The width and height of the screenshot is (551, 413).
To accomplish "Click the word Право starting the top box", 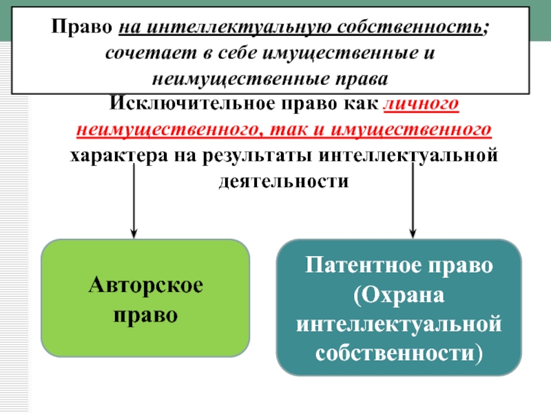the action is pyautogui.click(x=81, y=27).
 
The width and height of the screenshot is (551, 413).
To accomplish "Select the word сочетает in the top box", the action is pyautogui.click(x=151, y=54).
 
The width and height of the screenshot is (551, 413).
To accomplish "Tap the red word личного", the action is pyautogui.click(x=421, y=105).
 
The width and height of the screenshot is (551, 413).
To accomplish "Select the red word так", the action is pyautogui.click(x=288, y=130).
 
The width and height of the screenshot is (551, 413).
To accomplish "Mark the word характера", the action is pyautogui.click(x=118, y=156).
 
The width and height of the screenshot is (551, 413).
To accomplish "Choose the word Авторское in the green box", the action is pyautogui.click(x=145, y=284).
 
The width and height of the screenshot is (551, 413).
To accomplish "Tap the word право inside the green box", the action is pyautogui.click(x=145, y=315).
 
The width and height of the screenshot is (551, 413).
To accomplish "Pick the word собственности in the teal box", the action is pyautogui.click(x=395, y=353).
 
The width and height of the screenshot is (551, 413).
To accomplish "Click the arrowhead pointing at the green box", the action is pyautogui.click(x=134, y=233).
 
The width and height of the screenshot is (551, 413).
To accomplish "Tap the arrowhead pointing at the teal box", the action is pyautogui.click(x=413, y=233).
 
